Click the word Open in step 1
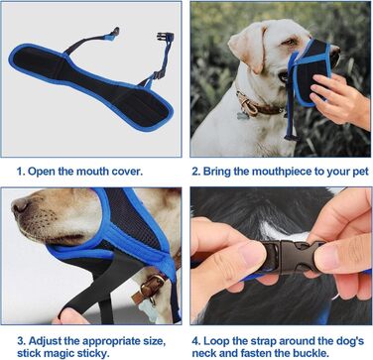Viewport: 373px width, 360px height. click(41, 172)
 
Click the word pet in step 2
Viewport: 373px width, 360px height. click(359, 173)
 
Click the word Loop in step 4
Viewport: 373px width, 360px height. click(216, 341)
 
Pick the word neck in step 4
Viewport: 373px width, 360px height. click(204, 353)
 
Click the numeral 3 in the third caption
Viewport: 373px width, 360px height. click(21, 341)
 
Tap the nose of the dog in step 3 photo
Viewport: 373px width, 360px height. click(19, 207)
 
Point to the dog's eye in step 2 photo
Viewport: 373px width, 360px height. click(290, 42)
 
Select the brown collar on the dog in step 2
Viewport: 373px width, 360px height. click(257, 104)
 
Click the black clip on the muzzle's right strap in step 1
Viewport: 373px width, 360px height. click(165, 36)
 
